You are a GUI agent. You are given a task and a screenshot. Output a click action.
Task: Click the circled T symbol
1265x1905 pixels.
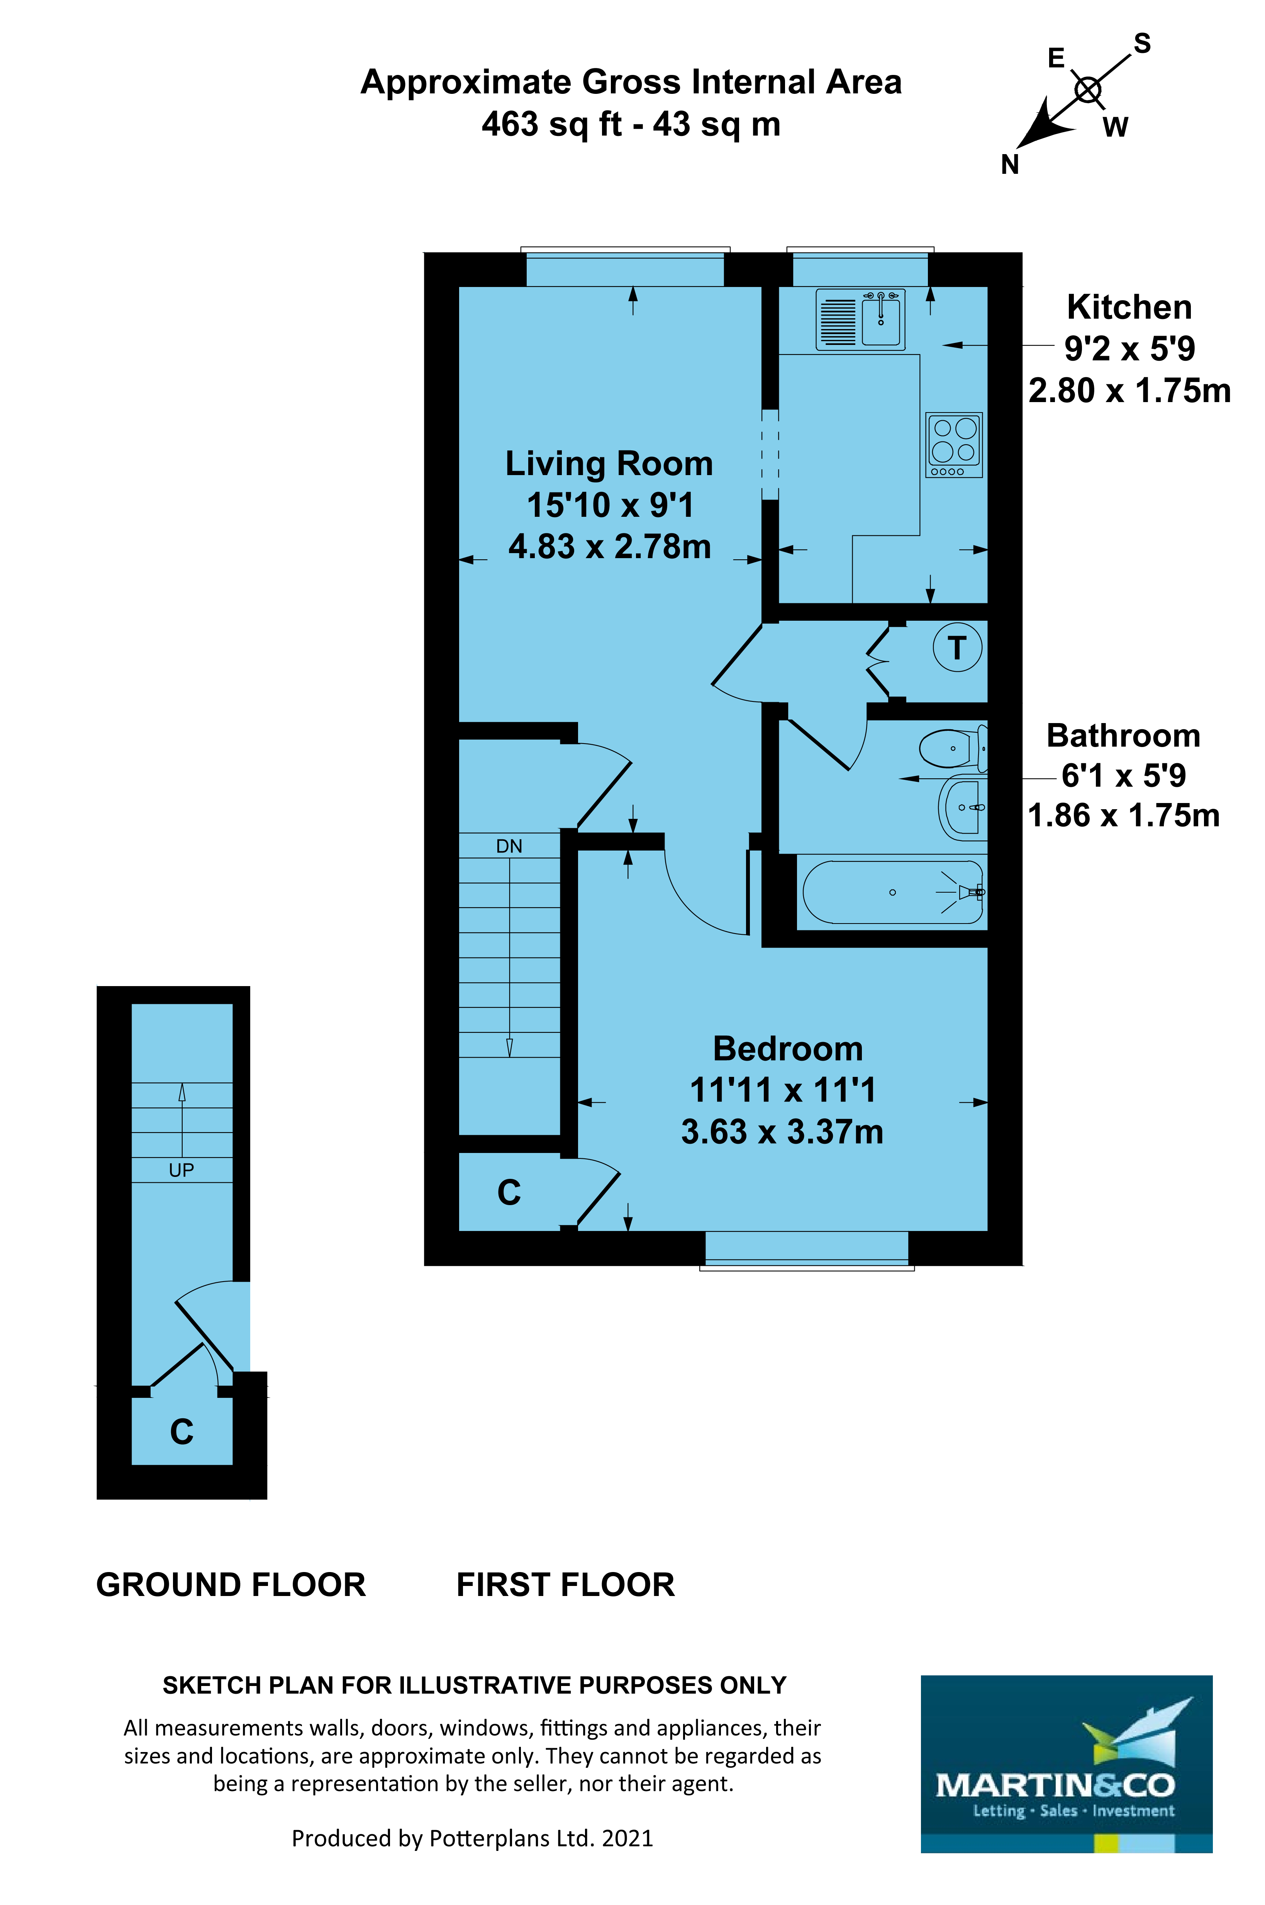pyautogui.click(x=957, y=647)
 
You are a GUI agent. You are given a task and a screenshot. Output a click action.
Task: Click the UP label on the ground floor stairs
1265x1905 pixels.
pyautogui.click(x=181, y=1170)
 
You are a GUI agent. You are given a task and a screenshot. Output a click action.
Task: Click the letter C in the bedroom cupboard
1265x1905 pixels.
pyautogui.click(x=509, y=1192)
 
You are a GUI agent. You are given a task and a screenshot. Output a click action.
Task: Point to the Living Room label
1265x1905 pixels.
pyautogui.click(x=609, y=464)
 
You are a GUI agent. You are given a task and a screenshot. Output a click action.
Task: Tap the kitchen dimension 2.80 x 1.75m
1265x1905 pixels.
pyautogui.click(x=1129, y=391)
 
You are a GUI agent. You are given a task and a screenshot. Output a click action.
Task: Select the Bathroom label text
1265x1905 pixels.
pyautogui.click(x=1123, y=736)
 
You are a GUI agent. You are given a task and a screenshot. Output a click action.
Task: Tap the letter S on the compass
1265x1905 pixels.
pyautogui.click(x=1141, y=44)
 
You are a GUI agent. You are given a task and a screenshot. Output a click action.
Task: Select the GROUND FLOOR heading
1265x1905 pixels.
pyautogui.click(x=231, y=1585)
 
